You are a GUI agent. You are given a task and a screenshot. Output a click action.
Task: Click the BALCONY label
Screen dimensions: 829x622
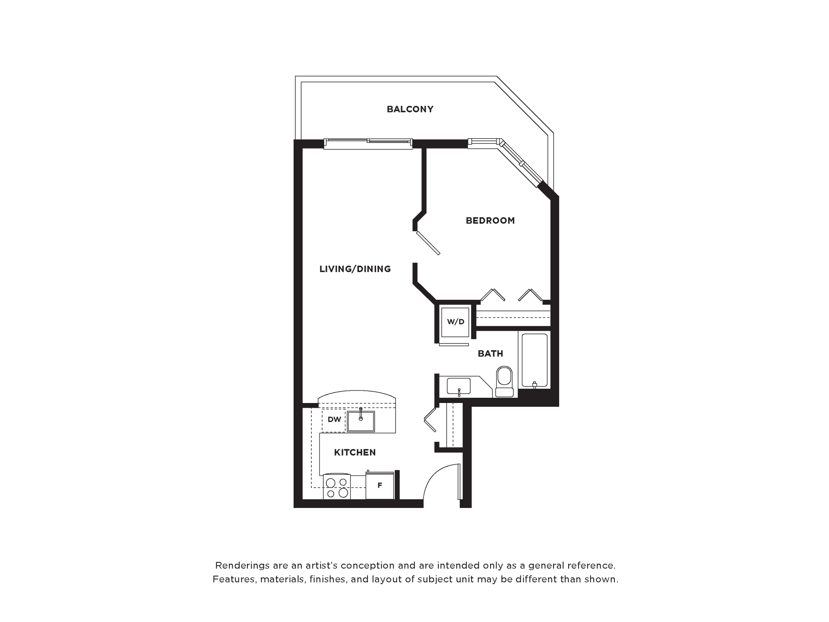(x=410, y=109)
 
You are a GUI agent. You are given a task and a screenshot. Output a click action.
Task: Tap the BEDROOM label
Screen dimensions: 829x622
(x=490, y=221)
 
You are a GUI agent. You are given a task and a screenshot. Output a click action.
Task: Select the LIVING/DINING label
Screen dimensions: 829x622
(x=355, y=269)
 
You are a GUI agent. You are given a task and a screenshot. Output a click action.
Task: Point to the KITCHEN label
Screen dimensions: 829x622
(x=355, y=452)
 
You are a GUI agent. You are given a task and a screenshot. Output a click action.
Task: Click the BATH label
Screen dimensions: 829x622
(x=490, y=354)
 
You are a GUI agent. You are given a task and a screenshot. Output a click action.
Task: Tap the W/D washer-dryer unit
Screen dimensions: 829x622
(x=455, y=322)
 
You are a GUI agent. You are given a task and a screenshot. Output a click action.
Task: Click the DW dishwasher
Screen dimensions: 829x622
(x=334, y=419)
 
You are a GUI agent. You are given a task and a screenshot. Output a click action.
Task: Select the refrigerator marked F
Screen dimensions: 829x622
(x=380, y=486)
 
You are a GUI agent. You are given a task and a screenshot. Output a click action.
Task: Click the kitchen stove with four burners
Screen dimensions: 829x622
(x=337, y=487)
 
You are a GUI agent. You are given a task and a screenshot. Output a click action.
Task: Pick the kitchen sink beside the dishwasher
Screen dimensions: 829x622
(x=361, y=421)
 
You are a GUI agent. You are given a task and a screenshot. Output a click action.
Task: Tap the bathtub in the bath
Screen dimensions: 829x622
(x=535, y=360)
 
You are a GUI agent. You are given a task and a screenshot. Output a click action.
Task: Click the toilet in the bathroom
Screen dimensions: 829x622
(x=504, y=382)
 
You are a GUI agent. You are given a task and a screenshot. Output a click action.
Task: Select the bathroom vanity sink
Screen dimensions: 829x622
(x=459, y=386)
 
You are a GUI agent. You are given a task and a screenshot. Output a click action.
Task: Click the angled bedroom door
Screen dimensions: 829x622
(x=428, y=243)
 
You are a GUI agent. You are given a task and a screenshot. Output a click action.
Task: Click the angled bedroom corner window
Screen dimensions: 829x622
(x=520, y=163)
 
